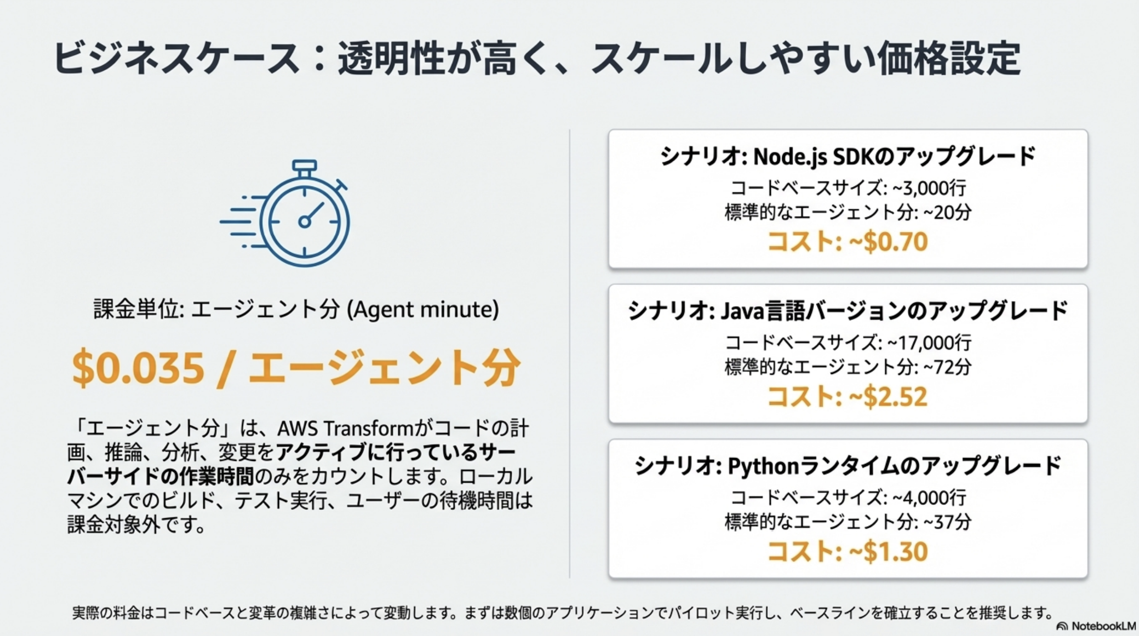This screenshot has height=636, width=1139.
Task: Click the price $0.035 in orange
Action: (138, 367)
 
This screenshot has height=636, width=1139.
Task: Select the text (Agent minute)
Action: (423, 310)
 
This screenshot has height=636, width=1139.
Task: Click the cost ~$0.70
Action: (888, 242)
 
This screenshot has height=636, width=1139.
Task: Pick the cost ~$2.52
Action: (888, 397)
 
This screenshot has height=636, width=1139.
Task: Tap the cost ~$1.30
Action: (888, 551)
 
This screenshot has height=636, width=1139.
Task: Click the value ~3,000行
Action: (929, 188)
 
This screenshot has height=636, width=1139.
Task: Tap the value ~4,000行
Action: (929, 498)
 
